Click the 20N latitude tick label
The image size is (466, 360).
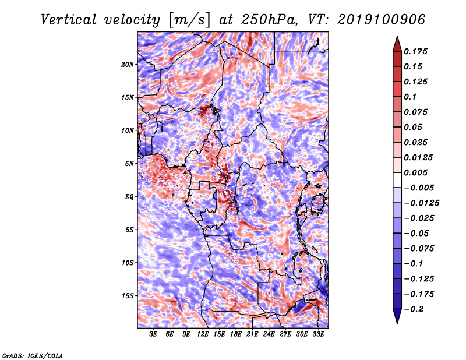[128, 65]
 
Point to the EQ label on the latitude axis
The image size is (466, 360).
[129, 197]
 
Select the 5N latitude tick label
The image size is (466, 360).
[129, 164]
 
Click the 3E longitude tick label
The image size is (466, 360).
[153, 334]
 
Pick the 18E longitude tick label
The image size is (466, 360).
[236, 334]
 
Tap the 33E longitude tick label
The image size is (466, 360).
[318, 334]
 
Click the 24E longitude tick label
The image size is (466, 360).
[269, 334]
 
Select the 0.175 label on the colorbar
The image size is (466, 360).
[415, 51]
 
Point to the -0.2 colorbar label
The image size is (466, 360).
[414, 309]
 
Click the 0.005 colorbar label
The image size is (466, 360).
[415, 172]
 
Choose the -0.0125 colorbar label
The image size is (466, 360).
[421, 203]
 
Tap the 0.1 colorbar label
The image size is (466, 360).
[410, 97]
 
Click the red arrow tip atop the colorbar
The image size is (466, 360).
[397, 37]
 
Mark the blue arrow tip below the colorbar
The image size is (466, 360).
[397, 323]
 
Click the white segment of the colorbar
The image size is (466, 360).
[397, 180]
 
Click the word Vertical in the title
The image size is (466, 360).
[69, 20]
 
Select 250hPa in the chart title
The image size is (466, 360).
[269, 20]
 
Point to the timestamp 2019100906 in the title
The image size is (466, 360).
[382, 20]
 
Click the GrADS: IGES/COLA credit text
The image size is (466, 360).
[33, 355]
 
